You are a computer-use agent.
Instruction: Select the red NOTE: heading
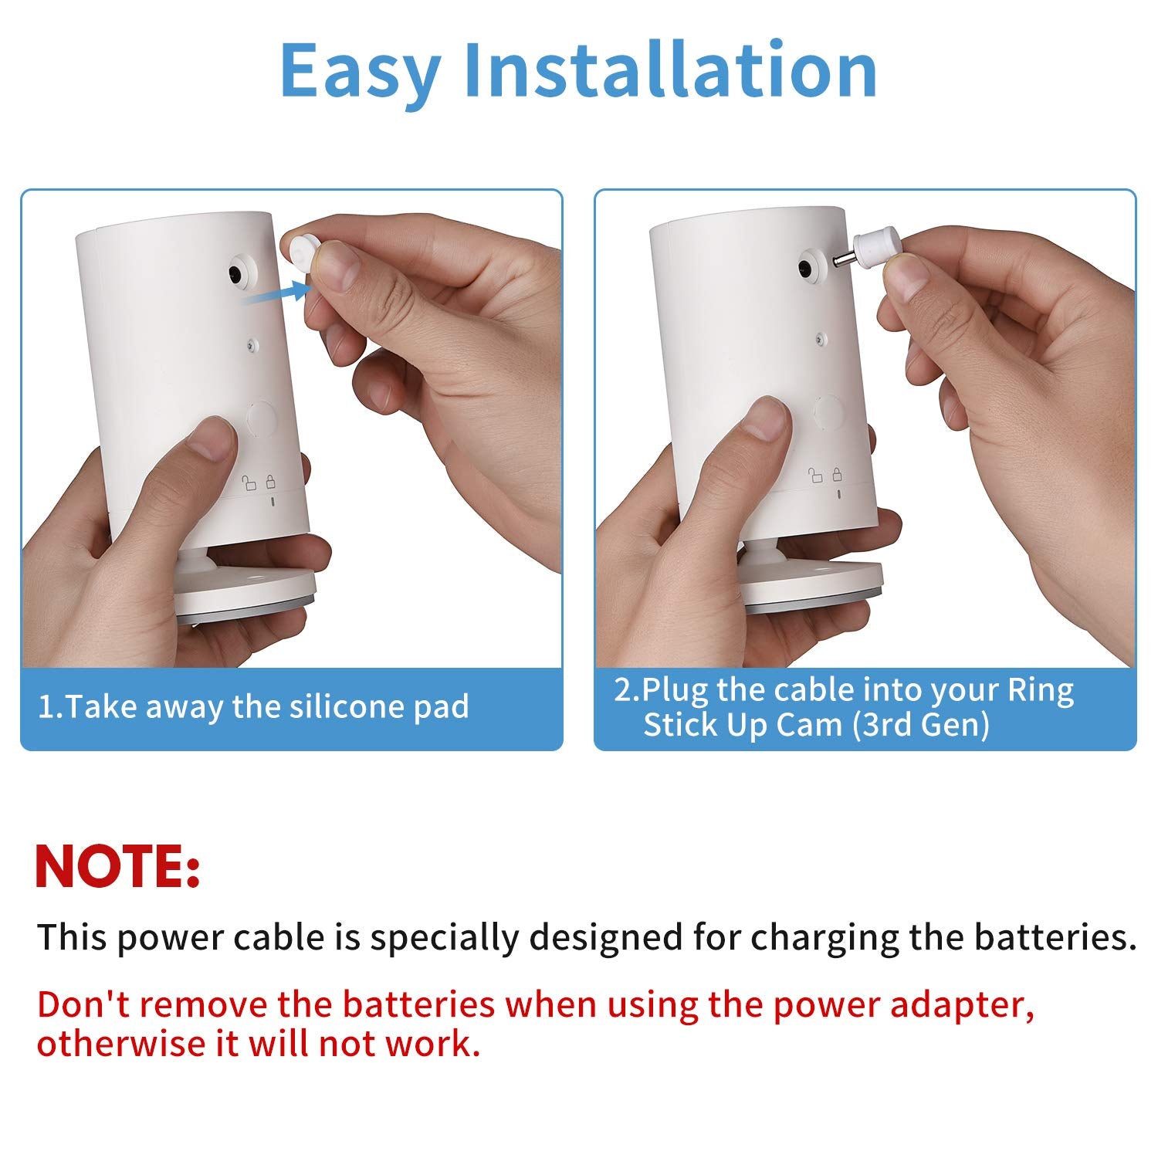click(x=117, y=866)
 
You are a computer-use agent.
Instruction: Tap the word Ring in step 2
click(x=1040, y=689)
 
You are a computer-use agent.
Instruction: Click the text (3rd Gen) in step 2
click(x=920, y=725)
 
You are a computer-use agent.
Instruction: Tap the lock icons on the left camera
click(x=259, y=482)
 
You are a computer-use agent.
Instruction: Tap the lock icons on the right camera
click(x=825, y=475)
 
